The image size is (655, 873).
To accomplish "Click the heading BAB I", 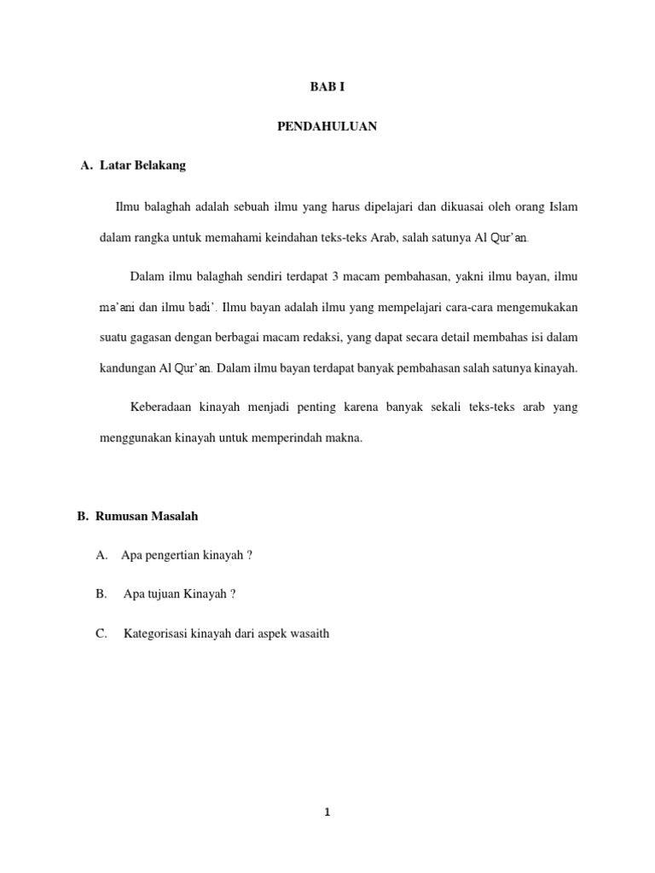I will [327, 87].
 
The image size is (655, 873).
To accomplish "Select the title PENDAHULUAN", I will [327, 126].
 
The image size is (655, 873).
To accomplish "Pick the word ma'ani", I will [117, 306].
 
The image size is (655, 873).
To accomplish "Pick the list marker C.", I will [101, 633].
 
